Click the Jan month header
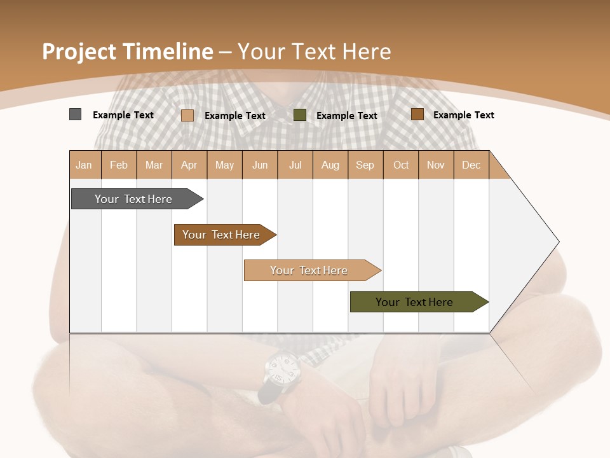(x=85, y=165)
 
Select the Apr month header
(x=189, y=165)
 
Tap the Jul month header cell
(x=295, y=165)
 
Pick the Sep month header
(x=365, y=165)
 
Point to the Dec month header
(x=471, y=165)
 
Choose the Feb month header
(x=119, y=165)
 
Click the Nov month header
(x=435, y=165)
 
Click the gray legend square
(x=75, y=114)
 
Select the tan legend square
(x=187, y=115)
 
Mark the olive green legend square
(x=300, y=115)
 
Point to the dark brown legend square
(x=417, y=114)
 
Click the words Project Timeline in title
(x=127, y=52)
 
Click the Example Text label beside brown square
(x=463, y=115)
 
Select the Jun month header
(x=260, y=165)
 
